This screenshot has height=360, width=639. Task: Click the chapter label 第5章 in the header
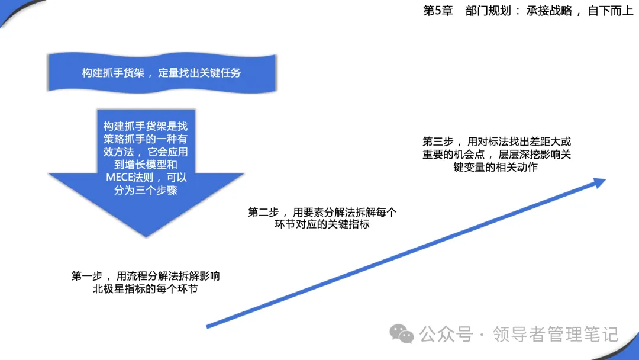click(x=438, y=11)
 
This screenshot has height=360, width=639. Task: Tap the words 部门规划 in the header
click(x=488, y=11)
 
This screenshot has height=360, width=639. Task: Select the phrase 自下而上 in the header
click(x=610, y=11)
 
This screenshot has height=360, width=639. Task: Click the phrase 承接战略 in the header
click(x=549, y=11)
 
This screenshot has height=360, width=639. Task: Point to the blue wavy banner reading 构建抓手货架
click(x=162, y=73)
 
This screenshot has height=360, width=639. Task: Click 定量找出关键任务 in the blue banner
click(x=200, y=73)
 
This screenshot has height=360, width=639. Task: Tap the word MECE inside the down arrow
click(x=117, y=178)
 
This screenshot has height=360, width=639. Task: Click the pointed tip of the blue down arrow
click(x=146, y=236)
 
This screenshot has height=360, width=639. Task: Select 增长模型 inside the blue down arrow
click(x=146, y=164)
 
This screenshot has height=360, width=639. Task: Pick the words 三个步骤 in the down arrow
click(x=156, y=190)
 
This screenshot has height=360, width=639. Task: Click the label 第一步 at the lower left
click(x=87, y=276)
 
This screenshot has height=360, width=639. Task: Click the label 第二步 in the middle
click(x=263, y=212)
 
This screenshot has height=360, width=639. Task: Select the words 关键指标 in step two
click(x=349, y=224)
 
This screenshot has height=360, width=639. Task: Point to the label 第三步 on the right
click(x=438, y=142)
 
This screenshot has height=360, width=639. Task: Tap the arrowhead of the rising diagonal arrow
click(x=600, y=182)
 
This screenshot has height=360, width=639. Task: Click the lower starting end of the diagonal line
click(x=208, y=326)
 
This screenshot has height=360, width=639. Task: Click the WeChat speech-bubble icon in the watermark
click(x=401, y=333)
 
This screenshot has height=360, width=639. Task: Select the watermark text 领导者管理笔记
click(x=556, y=335)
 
